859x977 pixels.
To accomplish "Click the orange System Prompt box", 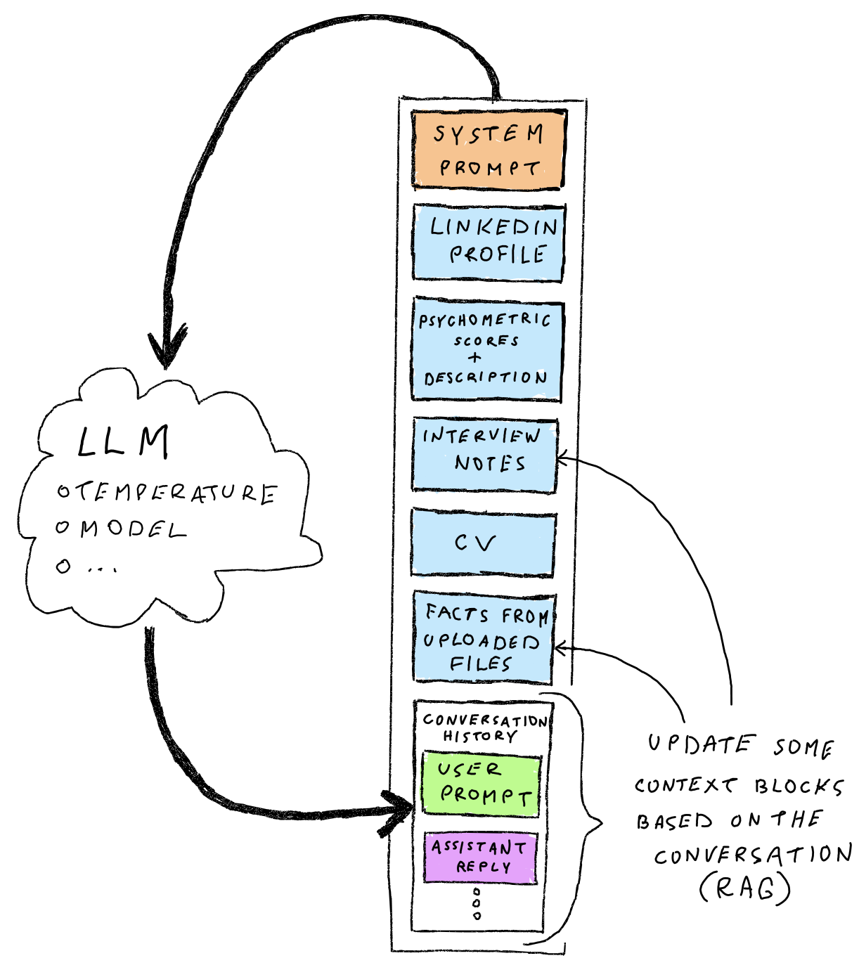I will [489, 150].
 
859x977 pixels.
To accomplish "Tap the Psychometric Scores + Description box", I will [486, 349].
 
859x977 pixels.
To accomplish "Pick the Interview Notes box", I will [484, 454].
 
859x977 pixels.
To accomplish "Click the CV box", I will [483, 543].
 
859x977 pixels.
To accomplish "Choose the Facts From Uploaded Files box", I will [483, 638].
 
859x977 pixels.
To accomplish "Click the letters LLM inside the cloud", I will [123, 443].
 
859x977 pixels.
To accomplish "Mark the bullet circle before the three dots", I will [63, 566].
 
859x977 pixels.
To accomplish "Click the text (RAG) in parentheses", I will [744, 888].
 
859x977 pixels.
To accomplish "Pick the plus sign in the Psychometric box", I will [476, 358].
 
